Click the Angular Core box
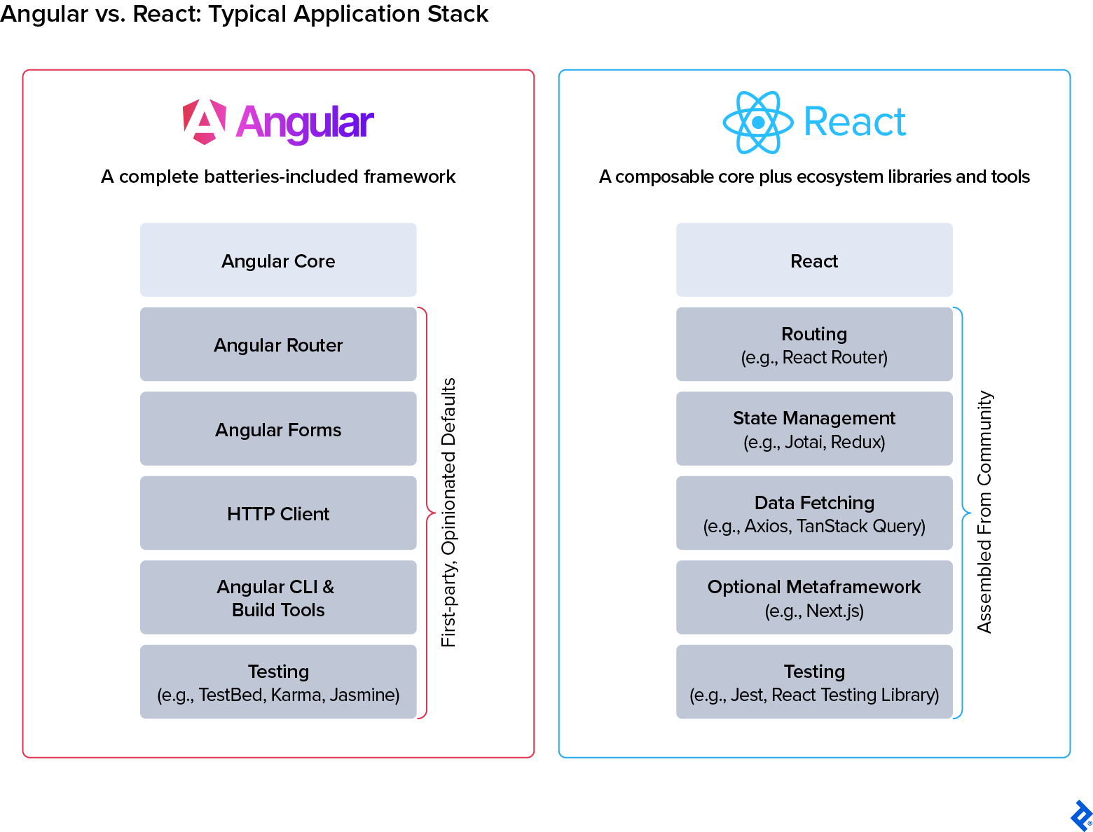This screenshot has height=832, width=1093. tap(278, 260)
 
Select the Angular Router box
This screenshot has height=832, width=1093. tap(278, 345)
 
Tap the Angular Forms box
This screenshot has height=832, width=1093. tap(278, 429)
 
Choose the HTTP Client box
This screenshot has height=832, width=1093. tap(278, 513)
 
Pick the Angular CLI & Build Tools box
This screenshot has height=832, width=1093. tap(278, 597)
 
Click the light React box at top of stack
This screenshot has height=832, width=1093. tap(814, 260)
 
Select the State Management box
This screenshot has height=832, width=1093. tap(814, 429)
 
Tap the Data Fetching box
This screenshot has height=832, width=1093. tap(814, 513)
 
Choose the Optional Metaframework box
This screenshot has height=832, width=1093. tap(814, 597)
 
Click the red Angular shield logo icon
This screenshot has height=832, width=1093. tap(204, 122)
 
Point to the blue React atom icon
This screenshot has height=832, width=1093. tap(757, 123)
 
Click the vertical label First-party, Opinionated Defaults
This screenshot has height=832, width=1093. tap(448, 513)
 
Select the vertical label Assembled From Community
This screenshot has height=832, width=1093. tap(984, 513)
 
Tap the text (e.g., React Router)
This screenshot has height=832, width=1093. tap(814, 358)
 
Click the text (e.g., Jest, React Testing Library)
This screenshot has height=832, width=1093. tap(814, 695)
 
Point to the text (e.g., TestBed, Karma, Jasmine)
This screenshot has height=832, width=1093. tap(278, 695)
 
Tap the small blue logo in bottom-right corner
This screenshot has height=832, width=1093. tap(1080, 816)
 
